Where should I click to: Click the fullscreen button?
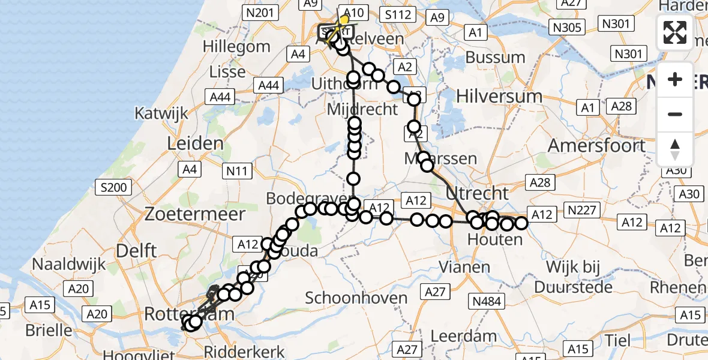pos(675,32)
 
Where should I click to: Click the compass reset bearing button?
pos(675,149)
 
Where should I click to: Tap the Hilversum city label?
pos(499,95)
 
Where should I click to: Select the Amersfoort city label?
pos(596,146)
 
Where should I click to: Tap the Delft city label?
pos(136,251)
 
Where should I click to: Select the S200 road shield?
pos(113,188)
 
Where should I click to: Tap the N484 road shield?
pos(487,301)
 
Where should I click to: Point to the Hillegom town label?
pos(236,46)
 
